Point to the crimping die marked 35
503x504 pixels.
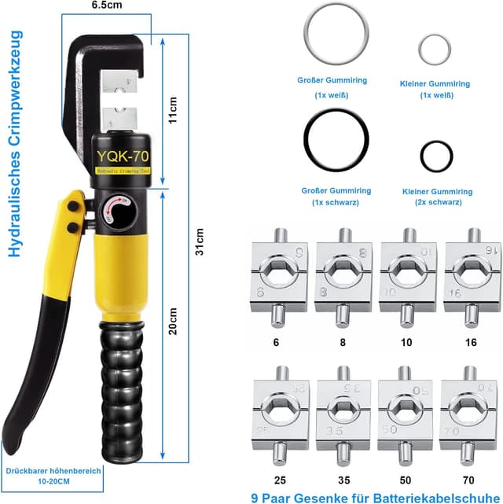pyautogui.click(x=342, y=417)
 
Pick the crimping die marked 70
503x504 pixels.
pyautogui.click(x=469, y=417)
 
